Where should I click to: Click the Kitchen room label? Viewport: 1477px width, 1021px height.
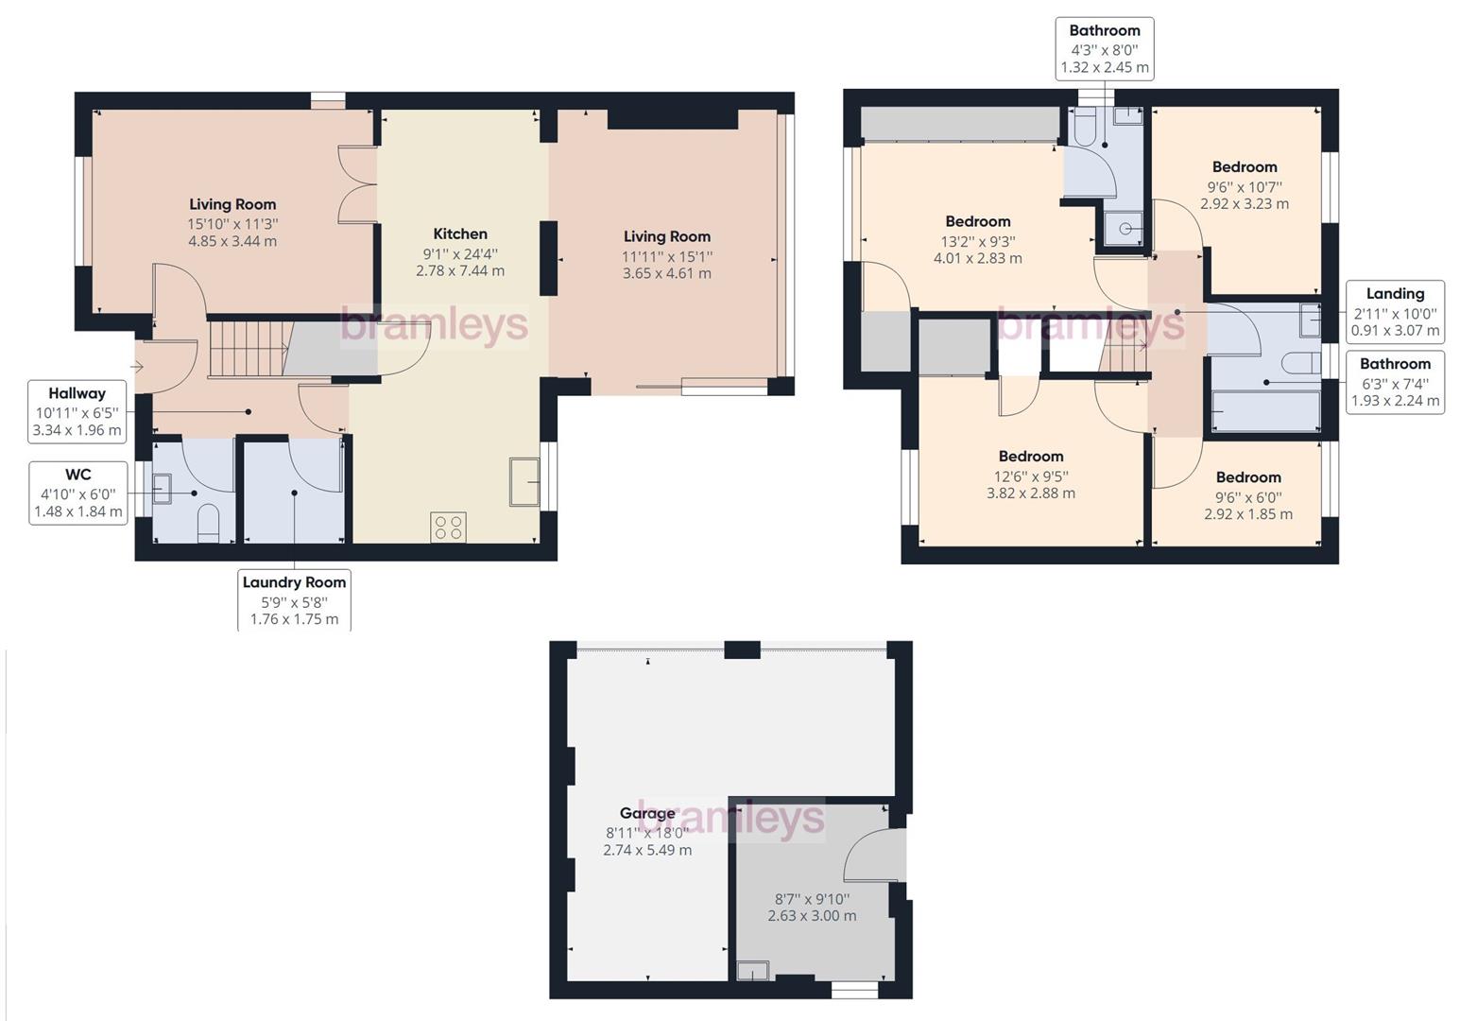click(x=460, y=234)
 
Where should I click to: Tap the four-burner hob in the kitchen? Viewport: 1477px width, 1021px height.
click(x=448, y=527)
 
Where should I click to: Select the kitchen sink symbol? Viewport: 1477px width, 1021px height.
click(x=524, y=481)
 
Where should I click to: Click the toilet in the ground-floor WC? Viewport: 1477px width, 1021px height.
click(x=208, y=523)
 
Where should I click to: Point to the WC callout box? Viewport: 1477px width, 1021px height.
click(x=78, y=493)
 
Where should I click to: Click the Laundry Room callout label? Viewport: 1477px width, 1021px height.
click(x=294, y=600)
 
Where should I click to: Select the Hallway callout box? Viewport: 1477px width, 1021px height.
click(x=77, y=411)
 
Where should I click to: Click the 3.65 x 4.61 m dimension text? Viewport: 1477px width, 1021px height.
click(x=666, y=273)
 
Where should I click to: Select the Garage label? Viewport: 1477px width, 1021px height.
click(x=647, y=813)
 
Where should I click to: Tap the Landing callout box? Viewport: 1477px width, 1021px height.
click(x=1395, y=312)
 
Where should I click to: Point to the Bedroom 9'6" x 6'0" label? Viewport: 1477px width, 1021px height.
click(x=1248, y=477)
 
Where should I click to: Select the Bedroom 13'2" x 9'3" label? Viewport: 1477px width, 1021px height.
click(x=978, y=221)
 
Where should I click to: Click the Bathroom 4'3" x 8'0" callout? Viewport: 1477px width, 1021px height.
click(x=1105, y=49)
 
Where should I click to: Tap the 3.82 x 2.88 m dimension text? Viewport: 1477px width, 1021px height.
click(x=1031, y=493)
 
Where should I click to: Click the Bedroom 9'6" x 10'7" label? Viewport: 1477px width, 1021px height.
click(x=1245, y=167)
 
